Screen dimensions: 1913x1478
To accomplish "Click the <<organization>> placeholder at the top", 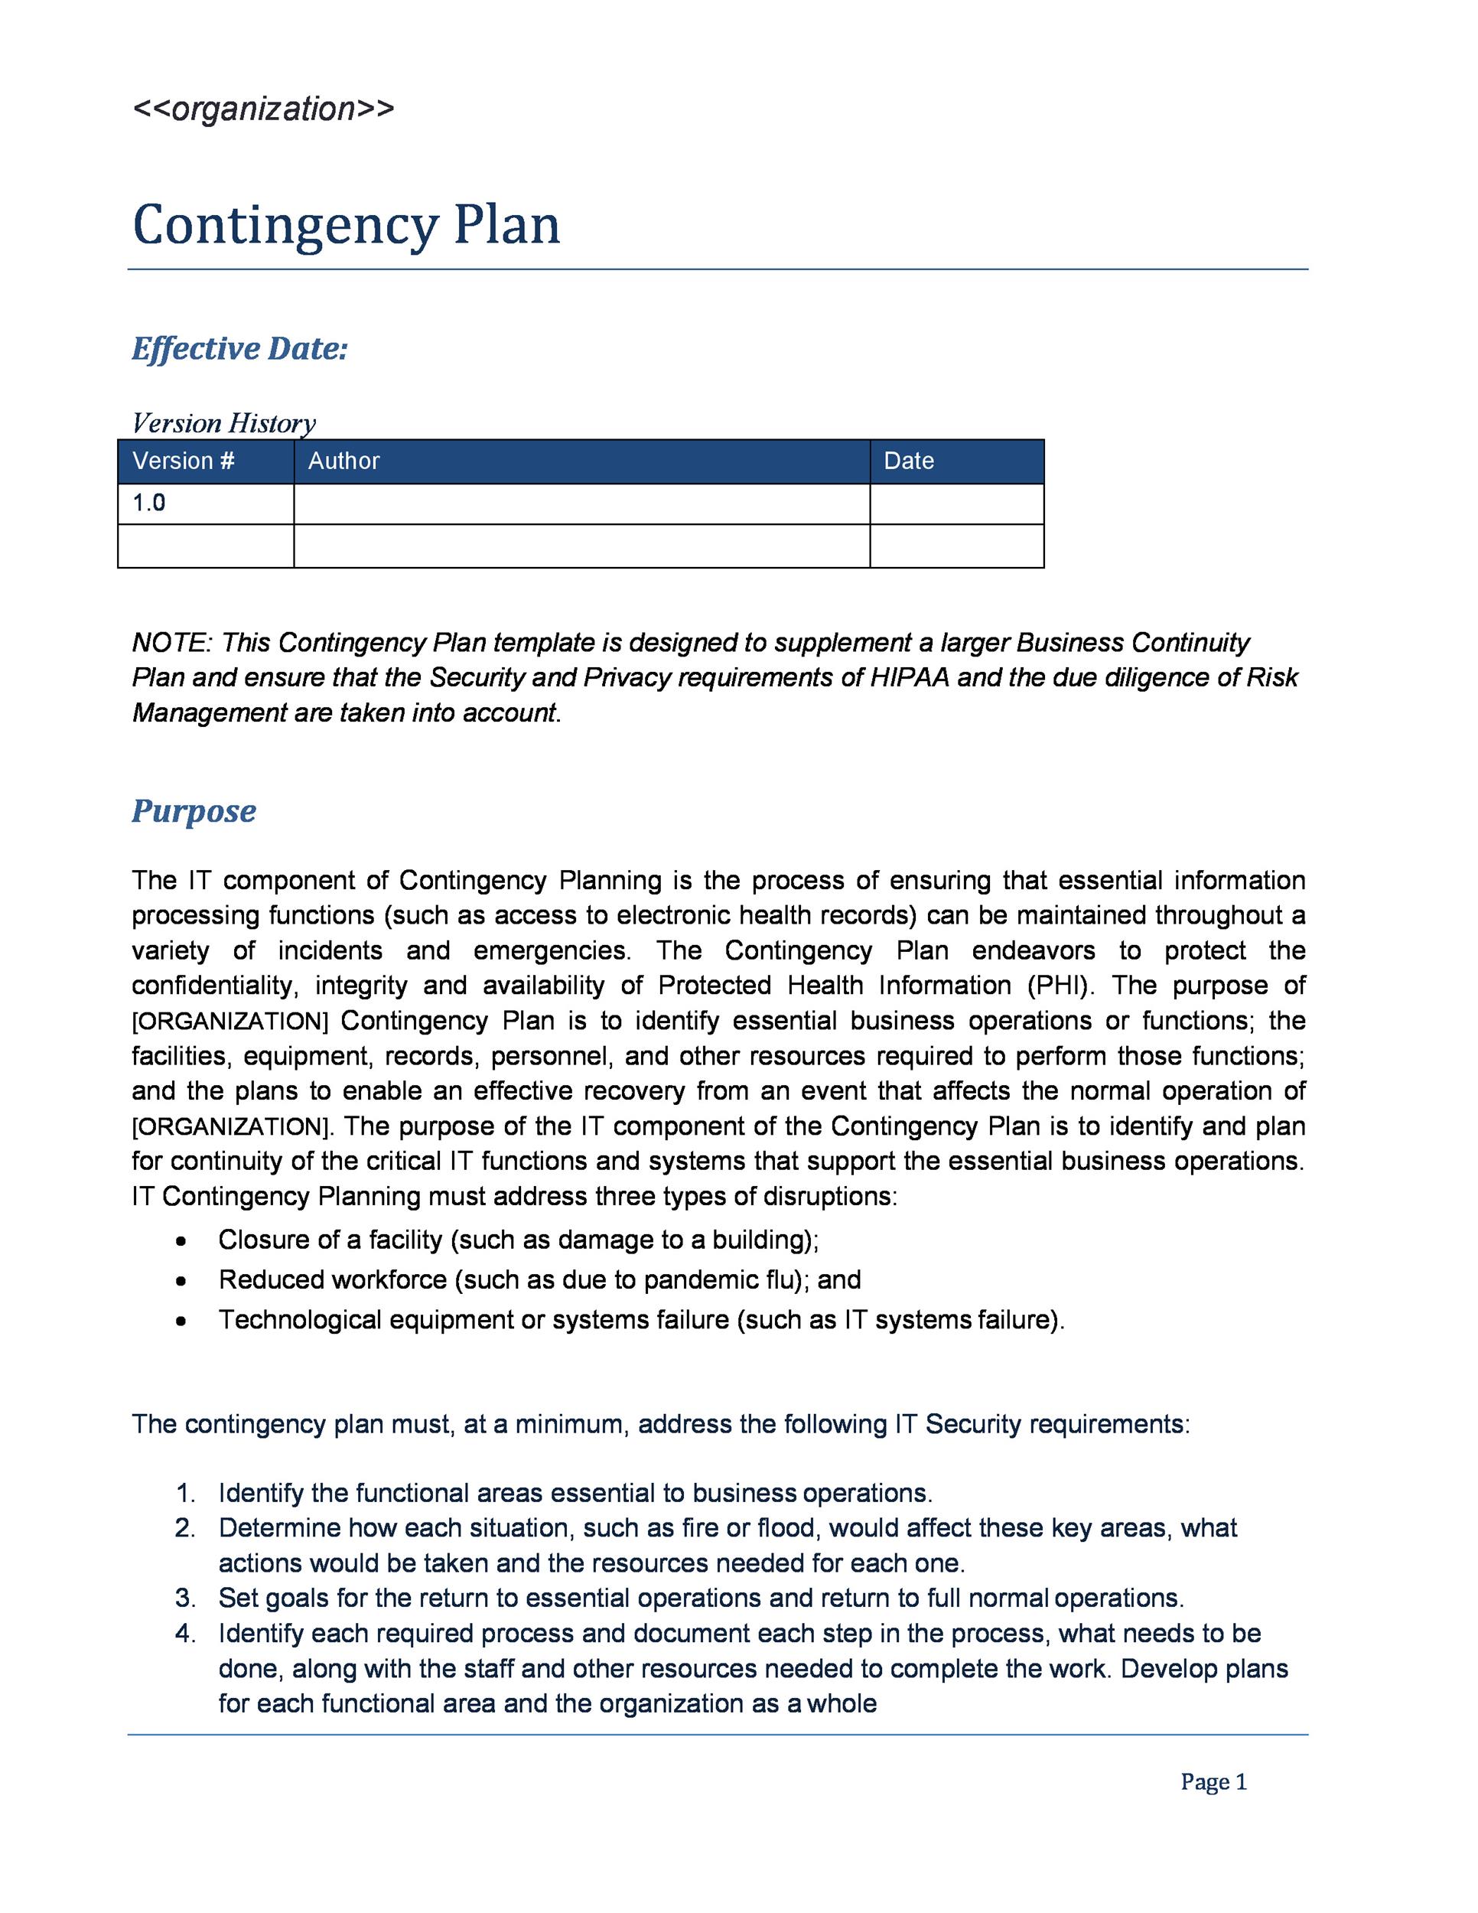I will click(262, 109).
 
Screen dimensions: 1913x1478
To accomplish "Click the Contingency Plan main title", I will click(346, 224).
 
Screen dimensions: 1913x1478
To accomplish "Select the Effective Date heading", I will click(240, 349).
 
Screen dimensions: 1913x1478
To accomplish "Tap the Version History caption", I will click(223, 423).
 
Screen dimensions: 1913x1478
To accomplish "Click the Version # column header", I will click(184, 461).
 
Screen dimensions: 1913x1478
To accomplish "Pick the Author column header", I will click(343, 461).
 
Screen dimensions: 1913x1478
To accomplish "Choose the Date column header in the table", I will click(908, 461).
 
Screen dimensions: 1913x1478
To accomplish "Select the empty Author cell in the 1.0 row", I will click(581, 504).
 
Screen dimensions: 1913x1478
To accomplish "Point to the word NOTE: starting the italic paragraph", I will click(171, 642).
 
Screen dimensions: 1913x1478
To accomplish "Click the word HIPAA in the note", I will click(909, 677).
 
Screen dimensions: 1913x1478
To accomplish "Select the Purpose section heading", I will click(194, 810).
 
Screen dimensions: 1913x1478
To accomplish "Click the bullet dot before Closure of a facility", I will click(181, 1240).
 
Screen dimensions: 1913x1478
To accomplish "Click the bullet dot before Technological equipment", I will click(181, 1320).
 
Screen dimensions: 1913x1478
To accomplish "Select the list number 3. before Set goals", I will click(185, 1598).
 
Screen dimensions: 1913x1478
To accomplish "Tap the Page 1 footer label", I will click(1213, 1781).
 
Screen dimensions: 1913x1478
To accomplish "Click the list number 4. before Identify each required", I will click(185, 1633).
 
